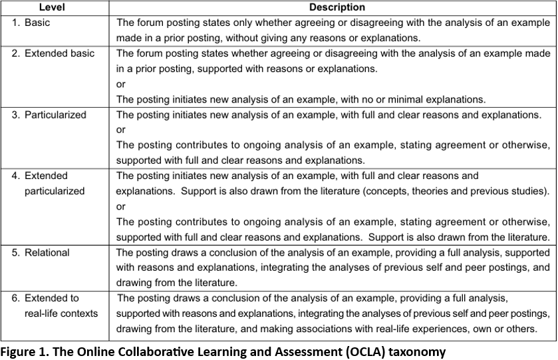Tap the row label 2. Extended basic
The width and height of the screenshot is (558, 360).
(x=53, y=53)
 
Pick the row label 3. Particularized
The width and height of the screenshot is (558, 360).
(x=49, y=114)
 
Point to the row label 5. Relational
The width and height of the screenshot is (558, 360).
(x=40, y=253)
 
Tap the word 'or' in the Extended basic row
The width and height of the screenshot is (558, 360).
(x=121, y=85)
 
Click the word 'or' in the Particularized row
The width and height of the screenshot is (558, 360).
(x=121, y=130)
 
